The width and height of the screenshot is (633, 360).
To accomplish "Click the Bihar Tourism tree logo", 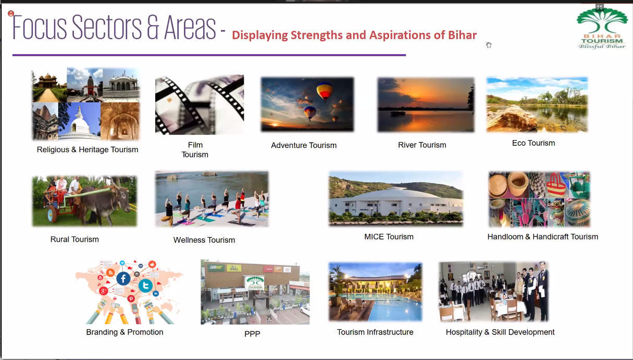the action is pyautogui.click(x=602, y=28).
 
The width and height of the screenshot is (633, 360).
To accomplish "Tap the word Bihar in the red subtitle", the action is pyautogui.click(x=462, y=35).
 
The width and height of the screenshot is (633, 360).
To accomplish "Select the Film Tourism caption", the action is pyautogui.click(x=195, y=150).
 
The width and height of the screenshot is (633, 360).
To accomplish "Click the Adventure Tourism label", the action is pyautogui.click(x=304, y=145).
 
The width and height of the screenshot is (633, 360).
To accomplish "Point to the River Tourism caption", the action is pyautogui.click(x=422, y=145).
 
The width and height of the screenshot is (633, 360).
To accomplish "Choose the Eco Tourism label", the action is pyautogui.click(x=533, y=143).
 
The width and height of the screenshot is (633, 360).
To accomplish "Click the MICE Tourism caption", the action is pyautogui.click(x=389, y=237).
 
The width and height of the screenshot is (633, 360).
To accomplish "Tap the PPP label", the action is pyautogui.click(x=252, y=334).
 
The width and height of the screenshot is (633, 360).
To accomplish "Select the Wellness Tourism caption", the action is pyautogui.click(x=204, y=240).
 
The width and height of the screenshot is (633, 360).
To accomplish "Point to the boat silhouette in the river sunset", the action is pyautogui.click(x=398, y=113).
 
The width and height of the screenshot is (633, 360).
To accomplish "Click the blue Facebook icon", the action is pyautogui.click(x=123, y=279).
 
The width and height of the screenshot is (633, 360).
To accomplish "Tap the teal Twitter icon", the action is pyautogui.click(x=145, y=285).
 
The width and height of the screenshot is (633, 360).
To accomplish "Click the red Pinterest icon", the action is pyautogui.click(x=131, y=299).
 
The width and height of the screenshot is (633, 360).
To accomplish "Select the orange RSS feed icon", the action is pyautogui.click(x=110, y=272).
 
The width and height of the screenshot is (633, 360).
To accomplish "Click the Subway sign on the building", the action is pyautogui.click(x=216, y=267).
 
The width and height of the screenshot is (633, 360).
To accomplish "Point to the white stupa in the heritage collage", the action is pyautogui.click(x=79, y=125).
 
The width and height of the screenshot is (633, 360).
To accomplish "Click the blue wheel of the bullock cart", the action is pyautogui.click(x=51, y=214).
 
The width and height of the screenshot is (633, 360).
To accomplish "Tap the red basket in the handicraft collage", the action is pyautogui.click(x=556, y=186).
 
